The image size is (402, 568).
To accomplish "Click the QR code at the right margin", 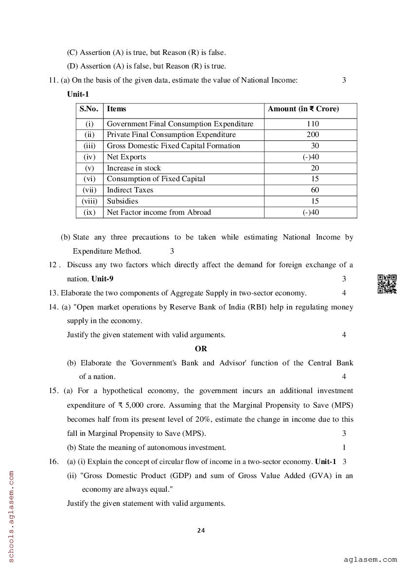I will (x=387, y=284).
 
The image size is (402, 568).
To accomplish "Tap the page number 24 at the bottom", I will (x=201, y=530).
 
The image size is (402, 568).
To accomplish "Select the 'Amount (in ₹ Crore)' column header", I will (x=303, y=109).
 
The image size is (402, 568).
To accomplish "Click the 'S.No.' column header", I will (x=89, y=109).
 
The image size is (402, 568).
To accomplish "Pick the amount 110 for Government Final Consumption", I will (x=313, y=124).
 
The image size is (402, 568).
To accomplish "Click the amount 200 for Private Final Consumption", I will (x=313, y=135).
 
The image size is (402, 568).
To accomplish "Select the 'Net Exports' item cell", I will (x=126, y=157).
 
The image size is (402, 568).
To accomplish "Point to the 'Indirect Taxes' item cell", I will (x=130, y=190).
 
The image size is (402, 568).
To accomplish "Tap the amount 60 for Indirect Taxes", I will (x=315, y=190).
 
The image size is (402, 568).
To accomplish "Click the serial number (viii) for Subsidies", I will (x=89, y=201).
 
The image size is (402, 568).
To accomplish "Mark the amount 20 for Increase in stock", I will (x=315, y=168).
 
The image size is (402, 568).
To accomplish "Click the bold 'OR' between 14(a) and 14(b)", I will (x=201, y=349).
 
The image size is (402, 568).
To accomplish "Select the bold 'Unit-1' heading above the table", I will (x=78, y=94).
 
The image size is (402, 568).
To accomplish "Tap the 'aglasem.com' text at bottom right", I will (x=370, y=560).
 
